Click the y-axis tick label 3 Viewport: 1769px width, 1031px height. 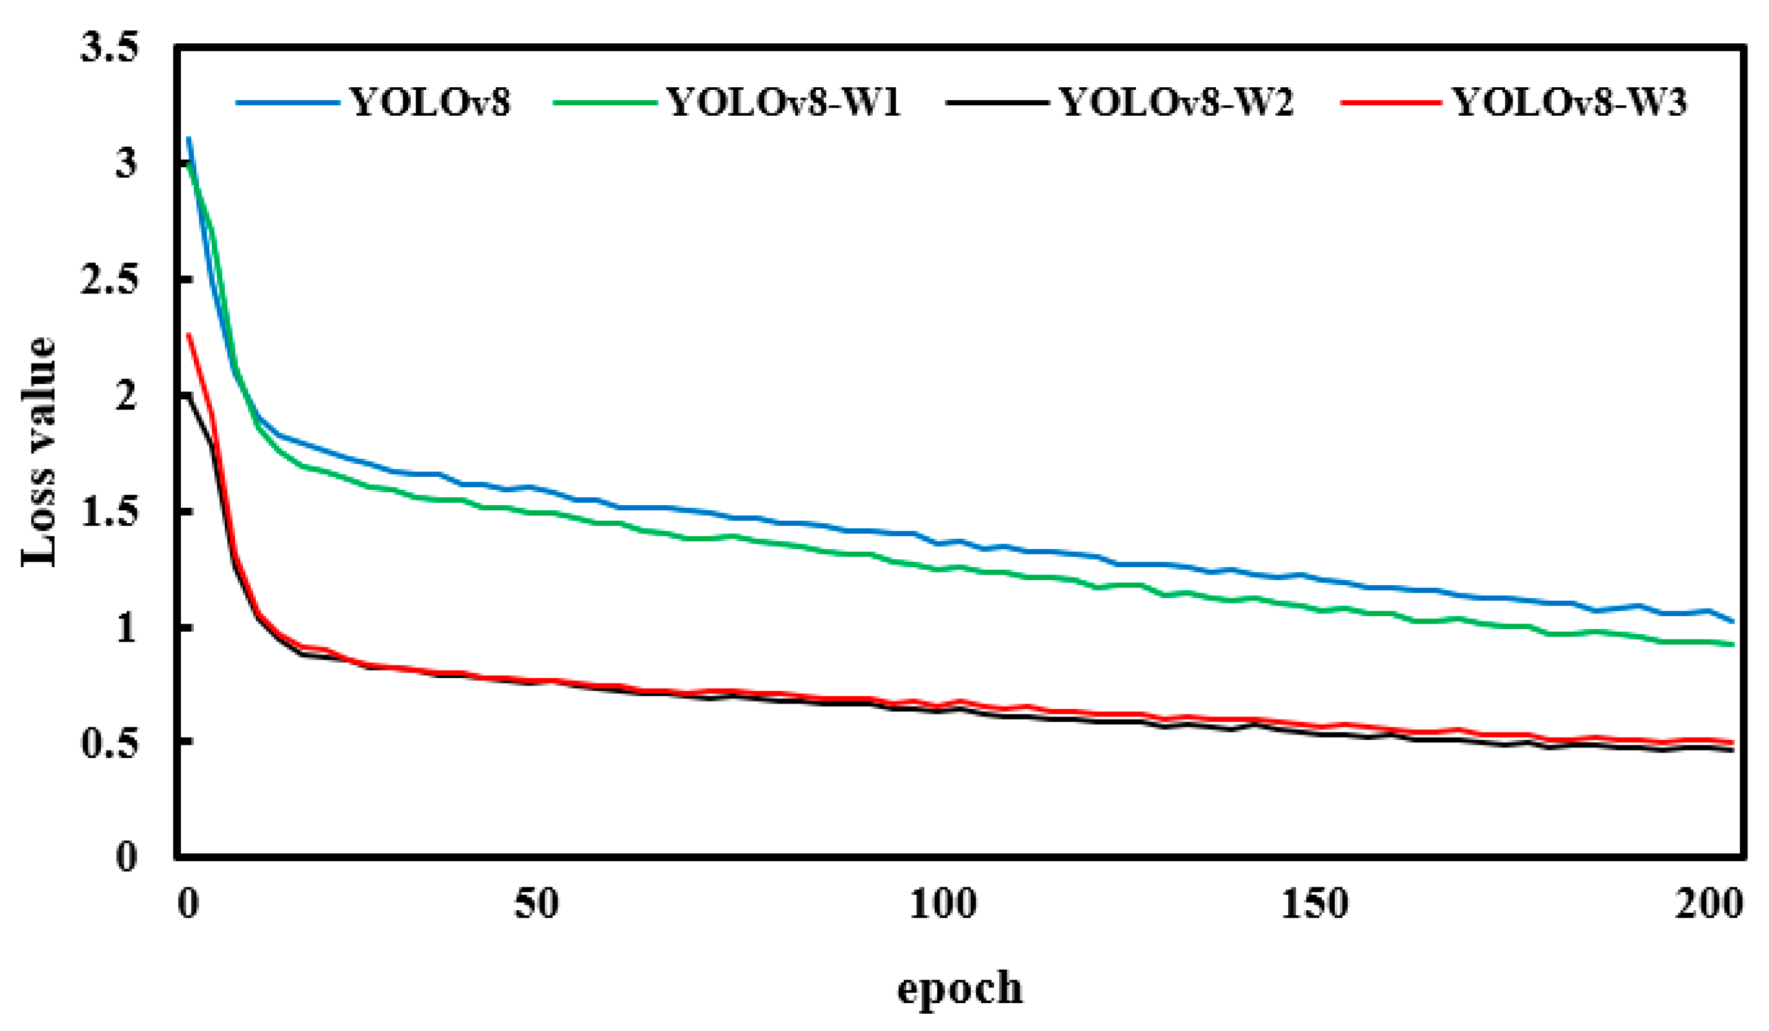126,165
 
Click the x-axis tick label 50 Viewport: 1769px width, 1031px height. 536,905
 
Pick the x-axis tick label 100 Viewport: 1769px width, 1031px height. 943,905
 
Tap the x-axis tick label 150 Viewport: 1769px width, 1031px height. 1315,905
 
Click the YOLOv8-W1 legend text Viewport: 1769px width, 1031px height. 784,102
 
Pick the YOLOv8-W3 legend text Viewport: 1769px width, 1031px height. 1570,102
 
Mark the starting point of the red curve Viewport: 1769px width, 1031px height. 188,334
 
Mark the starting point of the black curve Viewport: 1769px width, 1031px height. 188,394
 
